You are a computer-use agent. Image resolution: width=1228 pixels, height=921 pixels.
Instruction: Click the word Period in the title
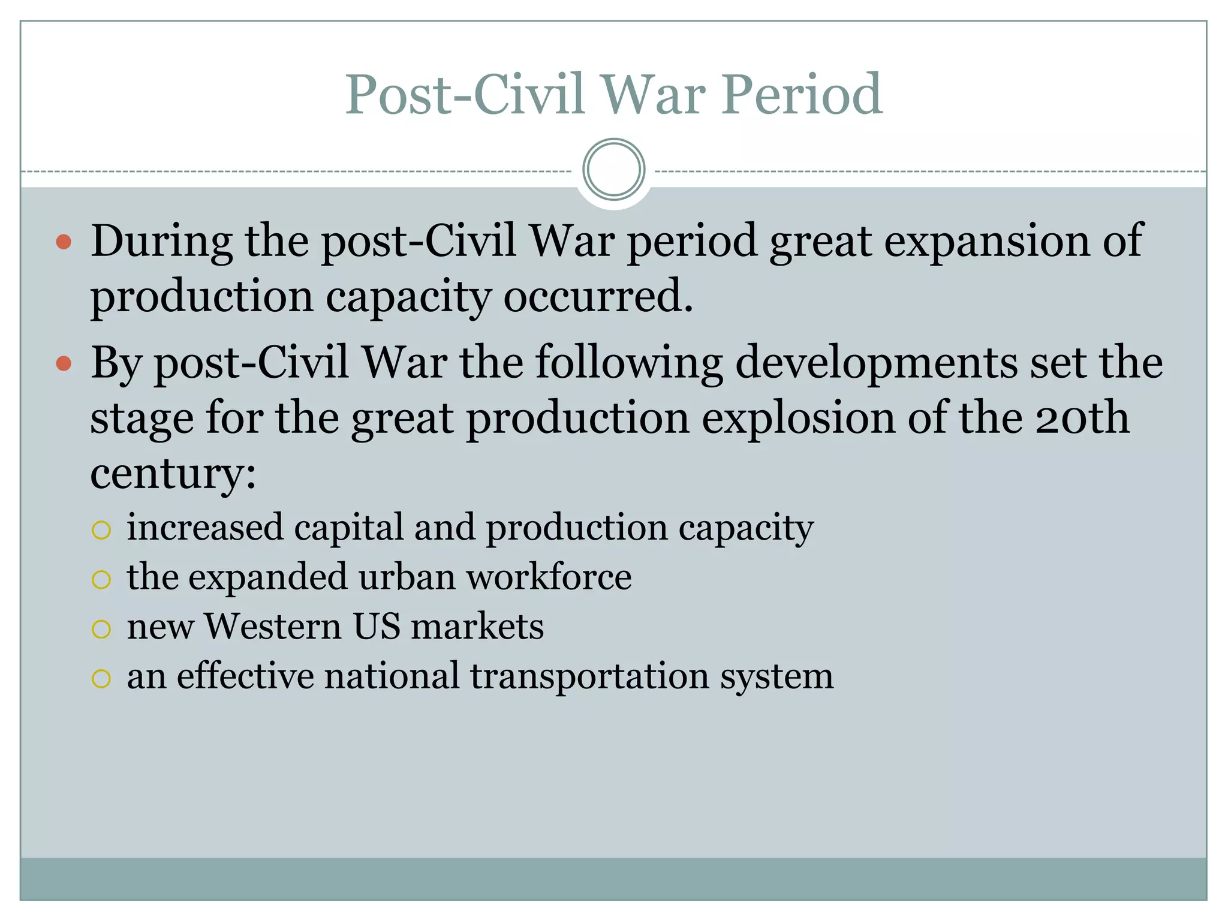[802, 95]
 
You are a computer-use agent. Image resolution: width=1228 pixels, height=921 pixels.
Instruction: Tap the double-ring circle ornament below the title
[613, 170]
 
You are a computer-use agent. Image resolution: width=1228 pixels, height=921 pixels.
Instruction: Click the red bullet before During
[64, 242]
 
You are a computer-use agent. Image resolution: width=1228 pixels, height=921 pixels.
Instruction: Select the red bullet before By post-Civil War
[64, 363]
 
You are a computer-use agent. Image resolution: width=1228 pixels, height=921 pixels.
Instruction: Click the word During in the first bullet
[161, 241]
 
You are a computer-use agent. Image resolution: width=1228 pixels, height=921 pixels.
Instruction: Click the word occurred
[598, 296]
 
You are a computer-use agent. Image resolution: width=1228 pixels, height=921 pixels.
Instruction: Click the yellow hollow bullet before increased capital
[101, 530]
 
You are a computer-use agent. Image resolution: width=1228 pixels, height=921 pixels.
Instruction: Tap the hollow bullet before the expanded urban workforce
[101, 579]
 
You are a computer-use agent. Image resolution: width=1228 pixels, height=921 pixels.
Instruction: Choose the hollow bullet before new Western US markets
[101, 629]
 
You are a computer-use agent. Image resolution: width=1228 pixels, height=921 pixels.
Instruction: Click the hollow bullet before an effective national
[101, 678]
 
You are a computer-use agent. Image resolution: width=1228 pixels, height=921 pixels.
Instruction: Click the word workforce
[549, 577]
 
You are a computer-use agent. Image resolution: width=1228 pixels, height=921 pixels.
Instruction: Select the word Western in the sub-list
[273, 627]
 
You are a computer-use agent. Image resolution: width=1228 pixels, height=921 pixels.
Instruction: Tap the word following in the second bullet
[628, 363]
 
